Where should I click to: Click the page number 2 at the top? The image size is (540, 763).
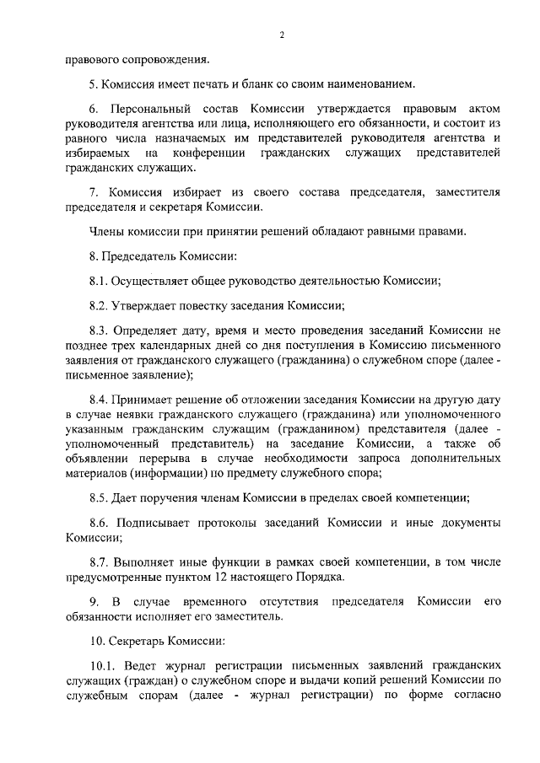click(x=282, y=35)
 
